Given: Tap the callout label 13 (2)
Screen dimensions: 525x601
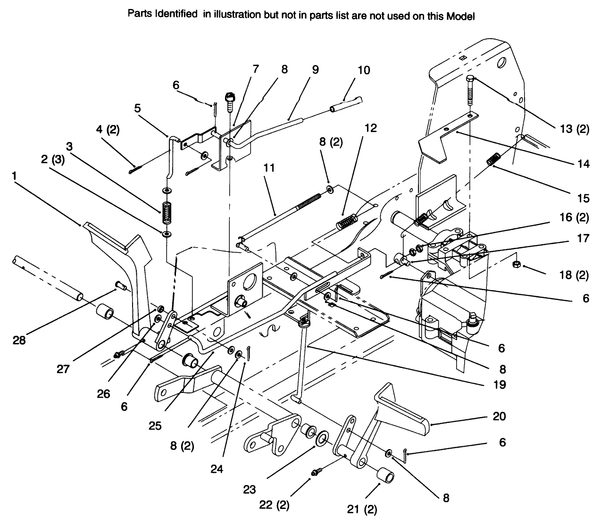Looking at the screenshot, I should [x=572, y=129].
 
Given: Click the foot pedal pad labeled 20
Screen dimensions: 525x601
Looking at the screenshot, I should [x=406, y=415].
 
